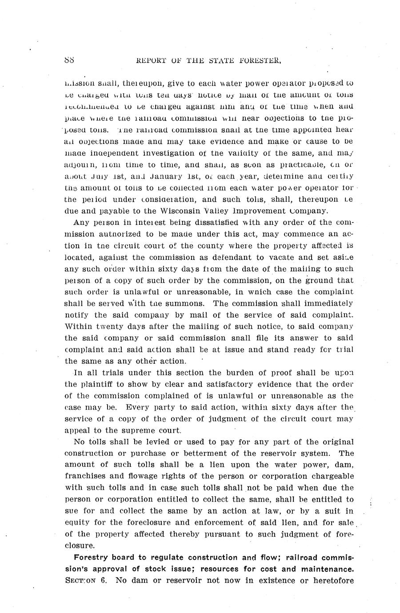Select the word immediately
324,303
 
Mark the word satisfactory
234,384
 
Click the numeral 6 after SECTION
104,581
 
